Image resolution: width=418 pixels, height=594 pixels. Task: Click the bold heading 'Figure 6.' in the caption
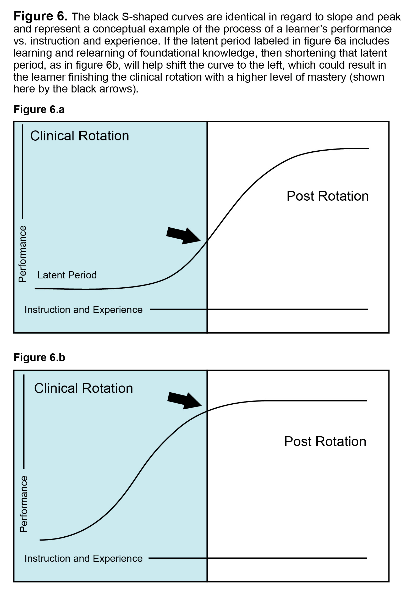(x=40, y=16)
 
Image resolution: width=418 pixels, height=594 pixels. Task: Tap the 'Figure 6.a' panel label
(x=39, y=109)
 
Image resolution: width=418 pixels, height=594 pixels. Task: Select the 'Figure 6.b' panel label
(x=39, y=357)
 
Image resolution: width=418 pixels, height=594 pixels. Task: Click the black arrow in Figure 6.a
(x=183, y=236)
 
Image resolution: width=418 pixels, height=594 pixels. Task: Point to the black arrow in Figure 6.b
(x=184, y=400)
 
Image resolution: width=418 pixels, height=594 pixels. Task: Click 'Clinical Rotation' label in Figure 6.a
(x=80, y=136)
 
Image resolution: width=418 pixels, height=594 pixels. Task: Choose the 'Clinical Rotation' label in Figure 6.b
(x=84, y=388)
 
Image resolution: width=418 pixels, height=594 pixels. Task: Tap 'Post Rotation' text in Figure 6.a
(x=327, y=196)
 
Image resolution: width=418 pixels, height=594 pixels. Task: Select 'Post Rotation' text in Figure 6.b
(x=325, y=441)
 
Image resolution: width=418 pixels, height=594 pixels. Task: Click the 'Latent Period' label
(x=67, y=275)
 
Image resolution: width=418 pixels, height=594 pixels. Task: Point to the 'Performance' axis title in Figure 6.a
(x=23, y=254)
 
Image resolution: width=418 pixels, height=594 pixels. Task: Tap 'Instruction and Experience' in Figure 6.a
(x=83, y=310)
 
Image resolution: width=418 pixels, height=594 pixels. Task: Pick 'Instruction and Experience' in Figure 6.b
(x=83, y=559)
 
